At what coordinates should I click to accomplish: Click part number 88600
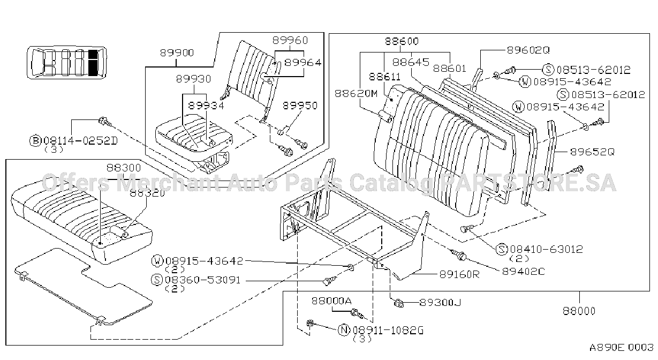click(402, 41)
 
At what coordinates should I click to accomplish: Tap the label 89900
click(177, 53)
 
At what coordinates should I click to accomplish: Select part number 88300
click(124, 168)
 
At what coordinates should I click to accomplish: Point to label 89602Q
click(528, 50)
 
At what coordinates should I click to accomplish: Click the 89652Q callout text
click(592, 152)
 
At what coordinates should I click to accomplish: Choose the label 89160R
click(459, 274)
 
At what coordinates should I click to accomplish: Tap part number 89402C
click(524, 271)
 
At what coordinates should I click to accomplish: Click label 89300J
click(440, 302)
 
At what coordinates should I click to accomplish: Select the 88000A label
click(331, 301)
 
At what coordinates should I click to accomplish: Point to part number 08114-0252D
click(80, 141)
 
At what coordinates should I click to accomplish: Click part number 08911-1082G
click(388, 331)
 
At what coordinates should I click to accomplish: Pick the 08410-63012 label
click(547, 249)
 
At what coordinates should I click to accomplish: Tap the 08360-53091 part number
click(203, 280)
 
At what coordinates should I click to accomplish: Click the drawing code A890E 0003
click(622, 348)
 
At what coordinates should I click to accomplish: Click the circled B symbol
click(35, 141)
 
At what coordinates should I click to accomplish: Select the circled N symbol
click(344, 330)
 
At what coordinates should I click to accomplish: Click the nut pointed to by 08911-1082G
click(310, 323)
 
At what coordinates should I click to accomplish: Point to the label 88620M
click(356, 94)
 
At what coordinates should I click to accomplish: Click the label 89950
click(300, 106)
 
